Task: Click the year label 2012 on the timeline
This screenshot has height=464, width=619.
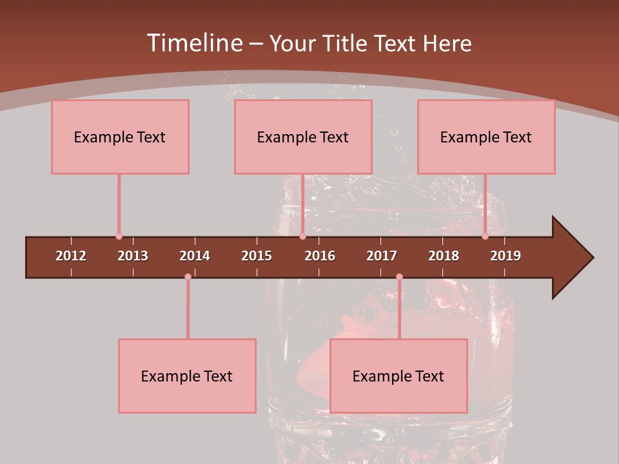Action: [x=71, y=256]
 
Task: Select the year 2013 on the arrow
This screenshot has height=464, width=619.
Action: [x=133, y=256]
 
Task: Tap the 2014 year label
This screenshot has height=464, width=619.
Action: [x=195, y=256]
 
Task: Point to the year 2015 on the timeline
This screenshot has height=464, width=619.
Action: [x=257, y=256]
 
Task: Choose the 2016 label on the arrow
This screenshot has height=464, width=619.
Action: [x=320, y=256]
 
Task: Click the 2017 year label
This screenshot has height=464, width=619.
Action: [x=382, y=256]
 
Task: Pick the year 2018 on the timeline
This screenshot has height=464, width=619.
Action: [x=444, y=256]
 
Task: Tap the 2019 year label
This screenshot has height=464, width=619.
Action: [x=506, y=256]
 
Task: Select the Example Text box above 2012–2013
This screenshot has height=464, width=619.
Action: [x=120, y=137]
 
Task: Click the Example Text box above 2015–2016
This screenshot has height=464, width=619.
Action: [x=303, y=137]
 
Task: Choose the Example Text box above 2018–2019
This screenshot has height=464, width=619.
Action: [x=486, y=137]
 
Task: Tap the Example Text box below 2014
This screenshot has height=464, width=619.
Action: [x=187, y=376]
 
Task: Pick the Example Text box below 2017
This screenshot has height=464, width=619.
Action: [x=398, y=376]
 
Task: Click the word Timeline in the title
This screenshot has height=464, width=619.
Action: [x=193, y=43]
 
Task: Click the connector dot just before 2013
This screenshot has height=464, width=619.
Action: [x=119, y=237]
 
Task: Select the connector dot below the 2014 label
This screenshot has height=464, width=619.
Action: [x=188, y=276]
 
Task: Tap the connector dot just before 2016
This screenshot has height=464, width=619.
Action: [x=302, y=237]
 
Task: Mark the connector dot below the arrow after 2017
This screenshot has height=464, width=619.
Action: [x=399, y=276]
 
